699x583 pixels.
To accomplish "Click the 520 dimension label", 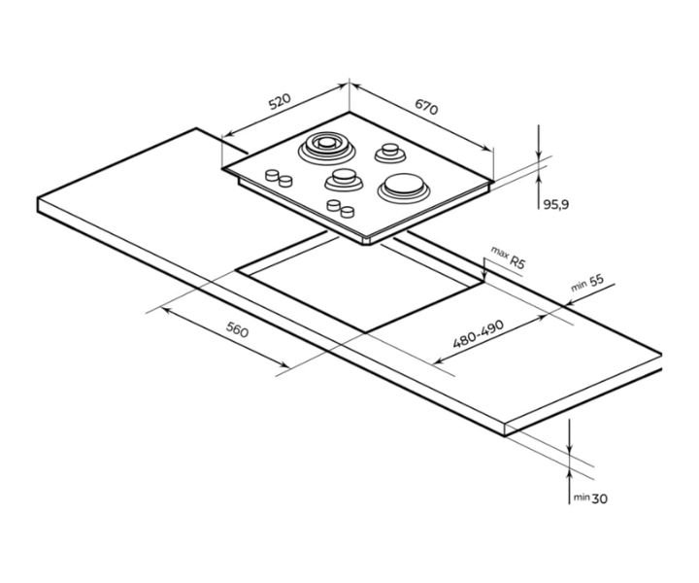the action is pyautogui.click(x=280, y=101).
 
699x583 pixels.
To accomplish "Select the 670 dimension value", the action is pyautogui.click(x=426, y=107).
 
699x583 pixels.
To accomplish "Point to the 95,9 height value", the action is pyautogui.click(x=556, y=205).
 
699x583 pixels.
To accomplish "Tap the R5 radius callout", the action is pyautogui.click(x=517, y=261).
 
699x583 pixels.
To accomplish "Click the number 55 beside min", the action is pyautogui.click(x=596, y=281).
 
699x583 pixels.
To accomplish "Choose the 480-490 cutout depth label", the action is pyautogui.click(x=478, y=333).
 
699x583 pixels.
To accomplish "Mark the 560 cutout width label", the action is pyautogui.click(x=237, y=329).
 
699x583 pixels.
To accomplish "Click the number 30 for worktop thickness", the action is pyautogui.click(x=600, y=498).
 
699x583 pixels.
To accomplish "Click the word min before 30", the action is pyautogui.click(x=582, y=497).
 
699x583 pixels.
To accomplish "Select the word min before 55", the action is pyautogui.click(x=579, y=286).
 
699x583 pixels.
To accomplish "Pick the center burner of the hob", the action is pyautogui.click(x=344, y=180).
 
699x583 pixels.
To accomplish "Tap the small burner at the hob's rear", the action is pyautogui.click(x=390, y=153).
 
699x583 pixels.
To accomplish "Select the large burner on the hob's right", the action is pyautogui.click(x=404, y=188).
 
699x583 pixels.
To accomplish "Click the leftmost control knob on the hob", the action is pyautogui.click(x=272, y=175).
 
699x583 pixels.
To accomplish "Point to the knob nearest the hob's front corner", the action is pyautogui.click(x=348, y=212).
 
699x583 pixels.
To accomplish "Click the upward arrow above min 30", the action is pyautogui.click(x=569, y=486).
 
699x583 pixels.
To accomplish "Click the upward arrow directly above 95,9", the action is pyautogui.click(x=539, y=190).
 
